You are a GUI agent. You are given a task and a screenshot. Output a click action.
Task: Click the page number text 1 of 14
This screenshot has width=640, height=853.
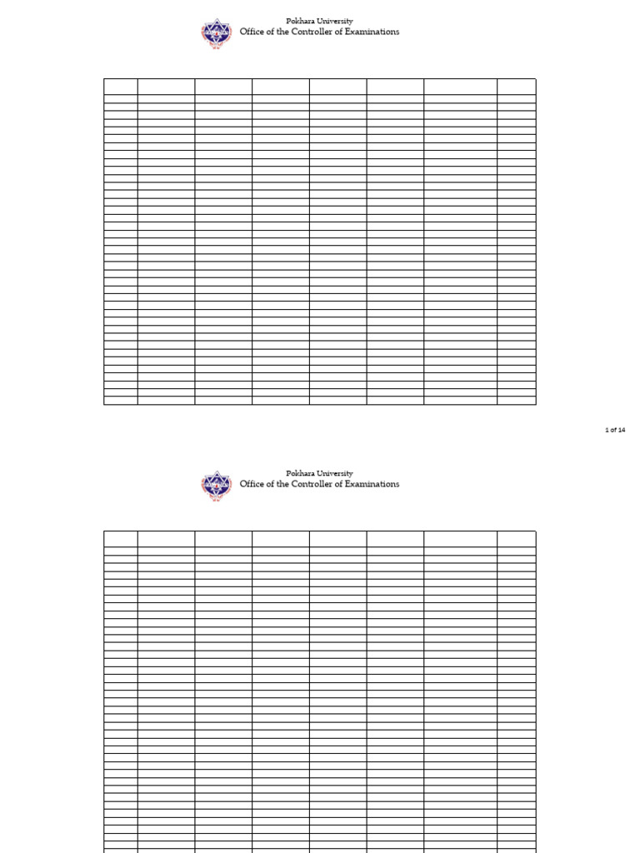615,430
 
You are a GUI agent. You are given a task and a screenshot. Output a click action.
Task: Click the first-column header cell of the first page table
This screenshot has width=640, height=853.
121,86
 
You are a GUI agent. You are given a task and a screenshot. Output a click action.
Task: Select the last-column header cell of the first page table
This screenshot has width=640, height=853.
517,86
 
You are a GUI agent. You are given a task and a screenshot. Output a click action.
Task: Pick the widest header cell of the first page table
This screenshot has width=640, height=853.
460,86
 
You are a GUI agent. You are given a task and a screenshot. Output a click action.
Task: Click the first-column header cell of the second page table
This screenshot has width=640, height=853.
121,537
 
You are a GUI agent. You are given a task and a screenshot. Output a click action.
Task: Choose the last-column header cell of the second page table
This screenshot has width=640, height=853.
517,537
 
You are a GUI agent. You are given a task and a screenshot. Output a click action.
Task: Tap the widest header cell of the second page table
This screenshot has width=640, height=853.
460,537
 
